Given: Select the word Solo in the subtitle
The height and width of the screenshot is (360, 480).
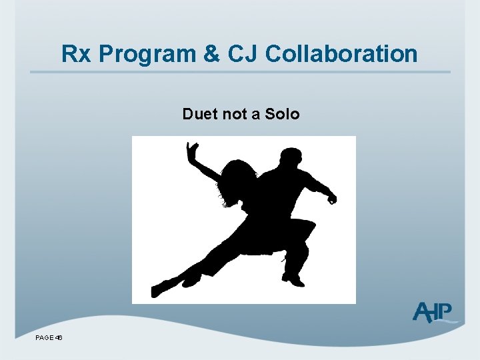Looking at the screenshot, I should tap(282, 114).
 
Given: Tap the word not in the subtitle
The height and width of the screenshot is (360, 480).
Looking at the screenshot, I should tap(234, 114).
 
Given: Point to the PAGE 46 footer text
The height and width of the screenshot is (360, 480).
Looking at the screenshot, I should tap(49, 338).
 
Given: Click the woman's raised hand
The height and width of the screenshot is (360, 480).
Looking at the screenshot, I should tap(193, 151).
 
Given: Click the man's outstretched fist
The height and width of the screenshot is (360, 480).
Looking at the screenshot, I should tap(331, 197).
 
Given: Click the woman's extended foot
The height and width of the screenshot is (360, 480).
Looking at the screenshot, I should tap(161, 288).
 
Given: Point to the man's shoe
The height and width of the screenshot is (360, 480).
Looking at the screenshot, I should tap(293, 279).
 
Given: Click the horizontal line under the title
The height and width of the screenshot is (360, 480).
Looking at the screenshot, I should tap(240, 72).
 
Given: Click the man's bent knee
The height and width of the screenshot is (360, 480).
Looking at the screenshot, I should tap(304, 230).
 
